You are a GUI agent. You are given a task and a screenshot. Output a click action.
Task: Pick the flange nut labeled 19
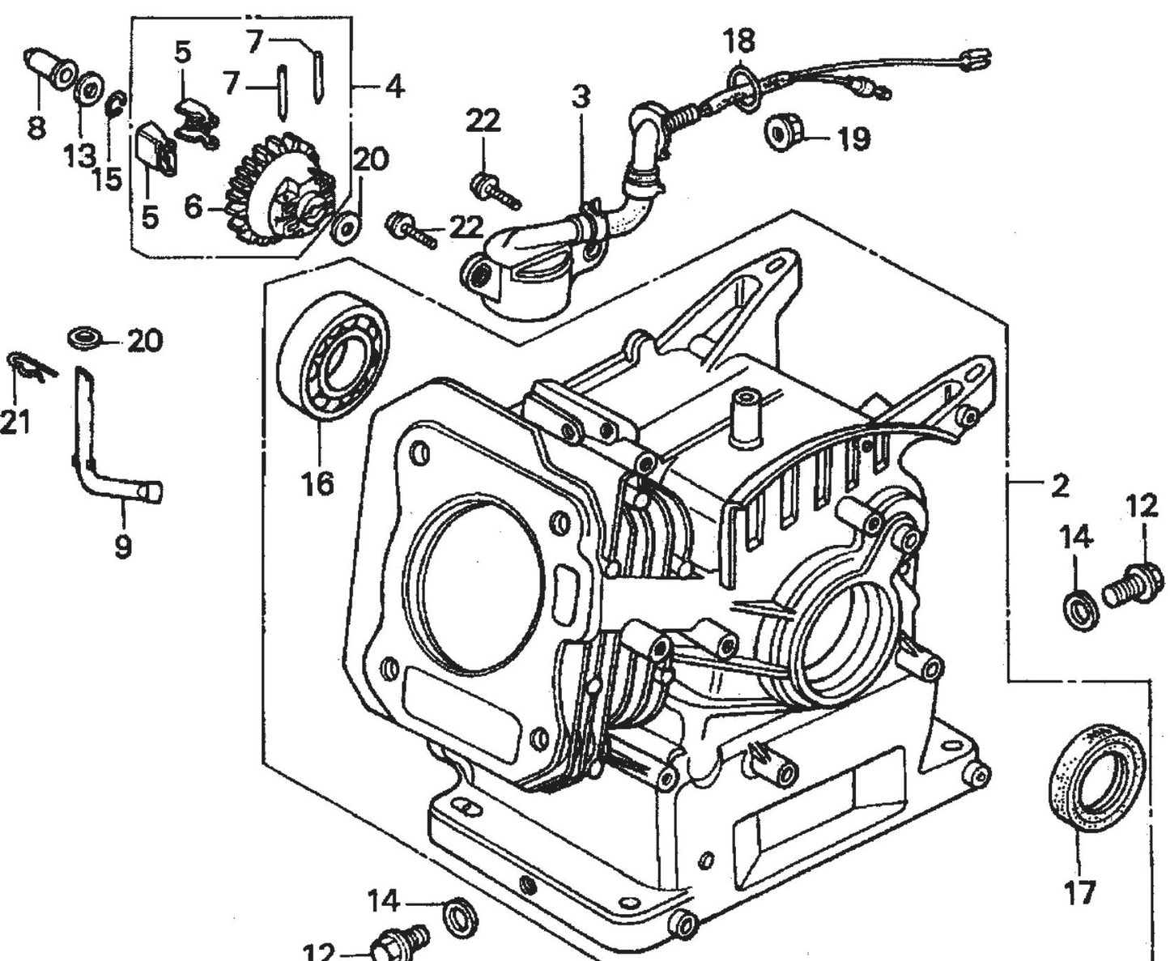(x=781, y=132)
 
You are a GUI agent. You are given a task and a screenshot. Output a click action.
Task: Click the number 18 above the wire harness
(x=738, y=40)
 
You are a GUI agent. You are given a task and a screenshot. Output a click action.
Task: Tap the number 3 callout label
(x=581, y=97)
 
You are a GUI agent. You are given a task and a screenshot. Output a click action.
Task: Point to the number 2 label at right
(x=1059, y=486)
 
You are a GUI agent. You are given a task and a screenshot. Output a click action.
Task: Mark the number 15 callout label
(x=107, y=178)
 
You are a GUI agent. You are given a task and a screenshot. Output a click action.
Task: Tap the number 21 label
(x=15, y=421)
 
